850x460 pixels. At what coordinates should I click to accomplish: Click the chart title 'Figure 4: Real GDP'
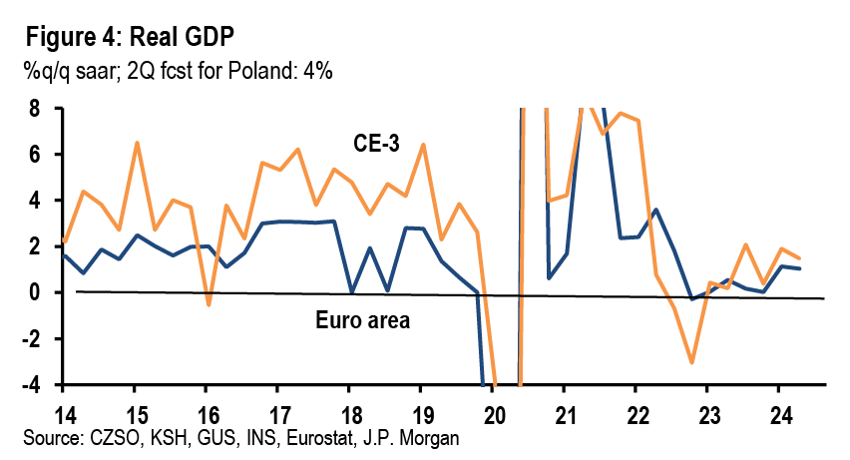(131, 39)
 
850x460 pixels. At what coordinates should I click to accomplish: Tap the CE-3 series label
(377, 143)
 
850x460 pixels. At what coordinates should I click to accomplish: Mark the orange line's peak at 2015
(137, 143)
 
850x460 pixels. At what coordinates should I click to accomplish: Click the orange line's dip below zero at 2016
(209, 304)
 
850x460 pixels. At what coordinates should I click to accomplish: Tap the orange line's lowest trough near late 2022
(691, 363)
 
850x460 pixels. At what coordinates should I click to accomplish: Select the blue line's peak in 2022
(654, 210)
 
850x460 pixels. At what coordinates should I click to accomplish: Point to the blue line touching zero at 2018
(350, 292)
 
